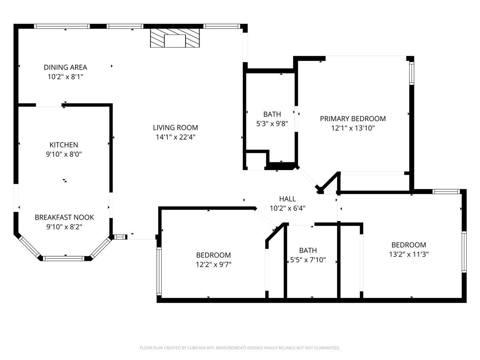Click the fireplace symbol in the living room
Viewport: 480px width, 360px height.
coord(175,38)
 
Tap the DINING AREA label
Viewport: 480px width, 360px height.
coord(66,68)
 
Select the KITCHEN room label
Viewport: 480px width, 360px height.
coord(64,145)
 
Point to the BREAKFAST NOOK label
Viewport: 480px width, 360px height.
coord(64,217)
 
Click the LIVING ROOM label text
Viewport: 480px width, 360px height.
coord(175,128)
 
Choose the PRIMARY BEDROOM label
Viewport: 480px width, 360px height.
coord(353,118)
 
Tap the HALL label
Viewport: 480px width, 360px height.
coord(288,199)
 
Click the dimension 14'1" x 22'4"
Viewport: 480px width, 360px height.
coord(175,137)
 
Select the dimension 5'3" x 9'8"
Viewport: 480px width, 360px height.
coord(272,124)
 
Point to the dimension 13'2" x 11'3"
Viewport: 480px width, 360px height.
coord(408,254)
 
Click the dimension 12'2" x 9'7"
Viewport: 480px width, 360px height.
coord(213,264)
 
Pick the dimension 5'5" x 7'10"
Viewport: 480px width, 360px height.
coord(308,260)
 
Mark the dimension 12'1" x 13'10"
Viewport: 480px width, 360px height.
coord(353,128)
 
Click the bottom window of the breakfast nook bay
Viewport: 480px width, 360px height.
coord(64,258)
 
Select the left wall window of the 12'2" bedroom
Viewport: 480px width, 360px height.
coord(159,271)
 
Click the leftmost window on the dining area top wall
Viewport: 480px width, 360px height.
coord(62,26)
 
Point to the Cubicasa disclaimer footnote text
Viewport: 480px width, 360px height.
coord(240,348)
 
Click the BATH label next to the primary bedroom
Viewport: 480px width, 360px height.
coord(272,114)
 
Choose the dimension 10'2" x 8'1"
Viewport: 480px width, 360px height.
coord(66,76)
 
